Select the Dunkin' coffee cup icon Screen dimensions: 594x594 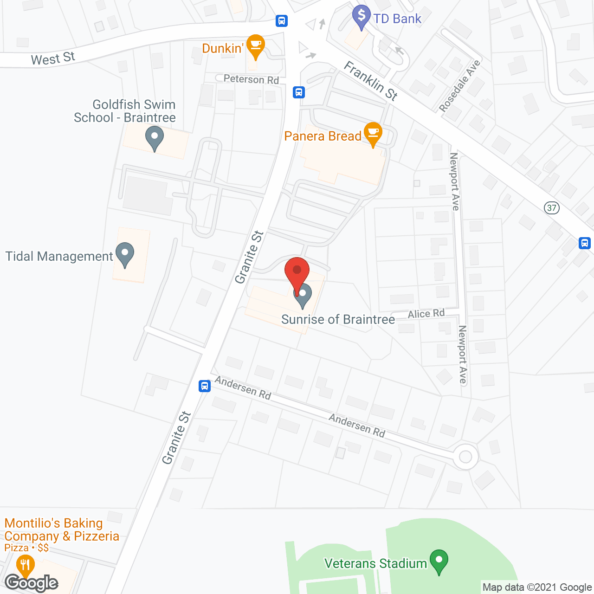[255, 45]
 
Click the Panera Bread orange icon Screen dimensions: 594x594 [373, 133]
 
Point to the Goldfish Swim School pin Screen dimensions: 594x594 [154, 138]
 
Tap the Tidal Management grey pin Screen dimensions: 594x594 [124, 253]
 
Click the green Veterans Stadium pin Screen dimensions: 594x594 [439, 561]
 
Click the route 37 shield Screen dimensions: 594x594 [551, 207]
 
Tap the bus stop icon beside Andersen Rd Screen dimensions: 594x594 [204, 386]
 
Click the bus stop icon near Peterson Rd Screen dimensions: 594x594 [299, 92]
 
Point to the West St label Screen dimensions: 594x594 [53, 59]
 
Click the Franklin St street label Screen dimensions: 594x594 [370, 81]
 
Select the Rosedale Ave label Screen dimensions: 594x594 [459, 86]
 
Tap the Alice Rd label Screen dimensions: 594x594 [426, 314]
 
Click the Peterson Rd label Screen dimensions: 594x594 [251, 79]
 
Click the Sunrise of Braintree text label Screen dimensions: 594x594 [338, 319]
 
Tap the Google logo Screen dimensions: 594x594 [32, 582]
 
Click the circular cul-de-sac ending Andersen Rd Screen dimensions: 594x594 [465, 457]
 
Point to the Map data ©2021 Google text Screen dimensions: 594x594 [537, 587]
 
